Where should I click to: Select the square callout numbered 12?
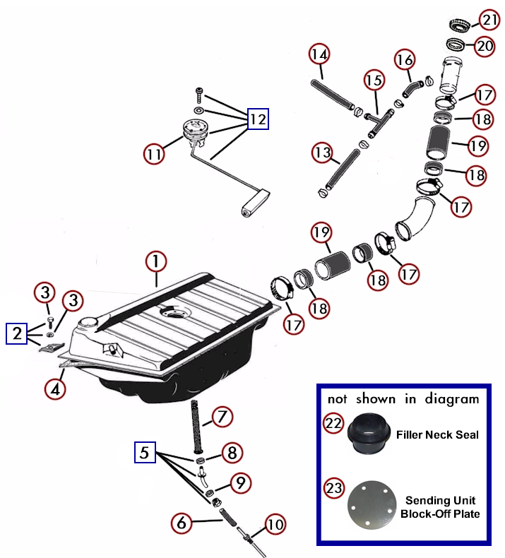point(257,119)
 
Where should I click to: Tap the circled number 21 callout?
point(489,19)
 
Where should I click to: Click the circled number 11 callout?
point(154,153)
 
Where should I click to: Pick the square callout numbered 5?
point(145,451)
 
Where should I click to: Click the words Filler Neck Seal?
point(438,434)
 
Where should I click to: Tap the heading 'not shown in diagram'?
point(403,400)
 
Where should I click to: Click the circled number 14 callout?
point(319,54)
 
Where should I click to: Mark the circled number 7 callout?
point(222,417)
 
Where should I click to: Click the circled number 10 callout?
point(275,525)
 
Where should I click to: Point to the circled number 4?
point(55,388)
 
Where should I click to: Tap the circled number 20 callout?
point(485,46)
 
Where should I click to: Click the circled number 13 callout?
point(322,153)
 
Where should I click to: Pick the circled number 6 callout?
point(182,523)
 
